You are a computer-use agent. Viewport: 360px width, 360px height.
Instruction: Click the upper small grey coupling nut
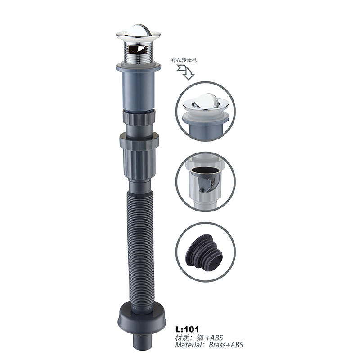pos(139,117)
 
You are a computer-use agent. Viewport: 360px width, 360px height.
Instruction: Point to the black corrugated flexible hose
pos(140,250)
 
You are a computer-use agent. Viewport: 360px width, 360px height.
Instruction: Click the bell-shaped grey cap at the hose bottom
pos(142,319)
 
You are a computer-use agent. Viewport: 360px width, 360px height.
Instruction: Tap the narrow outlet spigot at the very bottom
pos(142,342)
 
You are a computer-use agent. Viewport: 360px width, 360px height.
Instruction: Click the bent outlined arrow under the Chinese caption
pos(185,72)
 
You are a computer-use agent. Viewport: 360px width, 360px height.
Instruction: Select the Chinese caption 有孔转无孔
pos(184,60)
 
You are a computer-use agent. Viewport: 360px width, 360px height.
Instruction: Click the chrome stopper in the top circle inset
pos(206,102)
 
